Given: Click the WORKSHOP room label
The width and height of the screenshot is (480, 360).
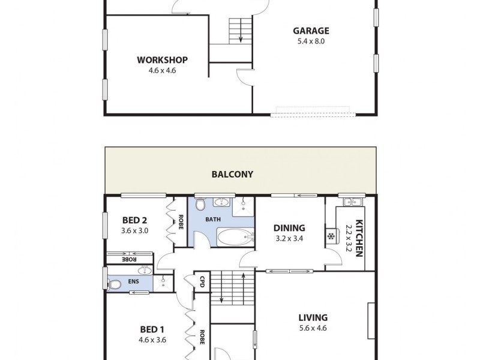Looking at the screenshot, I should [162, 59].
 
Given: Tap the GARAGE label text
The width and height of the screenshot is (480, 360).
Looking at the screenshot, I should [311, 31].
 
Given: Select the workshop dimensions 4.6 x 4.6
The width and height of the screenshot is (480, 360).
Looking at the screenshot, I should [162, 70].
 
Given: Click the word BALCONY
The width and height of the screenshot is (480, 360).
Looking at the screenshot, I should [232, 175].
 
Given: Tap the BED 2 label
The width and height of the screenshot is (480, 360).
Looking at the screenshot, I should [135, 219].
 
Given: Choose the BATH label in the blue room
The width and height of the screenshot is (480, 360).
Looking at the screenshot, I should [213, 220].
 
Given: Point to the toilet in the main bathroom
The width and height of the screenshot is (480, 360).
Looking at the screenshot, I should [200, 205].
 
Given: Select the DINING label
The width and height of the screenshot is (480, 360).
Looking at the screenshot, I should [289, 228].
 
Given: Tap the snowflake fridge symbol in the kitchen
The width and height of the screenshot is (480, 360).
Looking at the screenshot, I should [330, 235].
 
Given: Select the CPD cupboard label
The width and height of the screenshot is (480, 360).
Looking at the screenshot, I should [202, 281].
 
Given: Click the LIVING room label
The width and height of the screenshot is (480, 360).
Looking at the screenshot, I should [313, 317].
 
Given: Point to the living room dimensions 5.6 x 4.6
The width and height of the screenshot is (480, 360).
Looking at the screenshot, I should [313, 328].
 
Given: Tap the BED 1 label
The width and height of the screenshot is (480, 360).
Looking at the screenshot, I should [152, 329].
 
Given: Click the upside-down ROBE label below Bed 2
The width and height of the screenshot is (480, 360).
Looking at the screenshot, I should [128, 260].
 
